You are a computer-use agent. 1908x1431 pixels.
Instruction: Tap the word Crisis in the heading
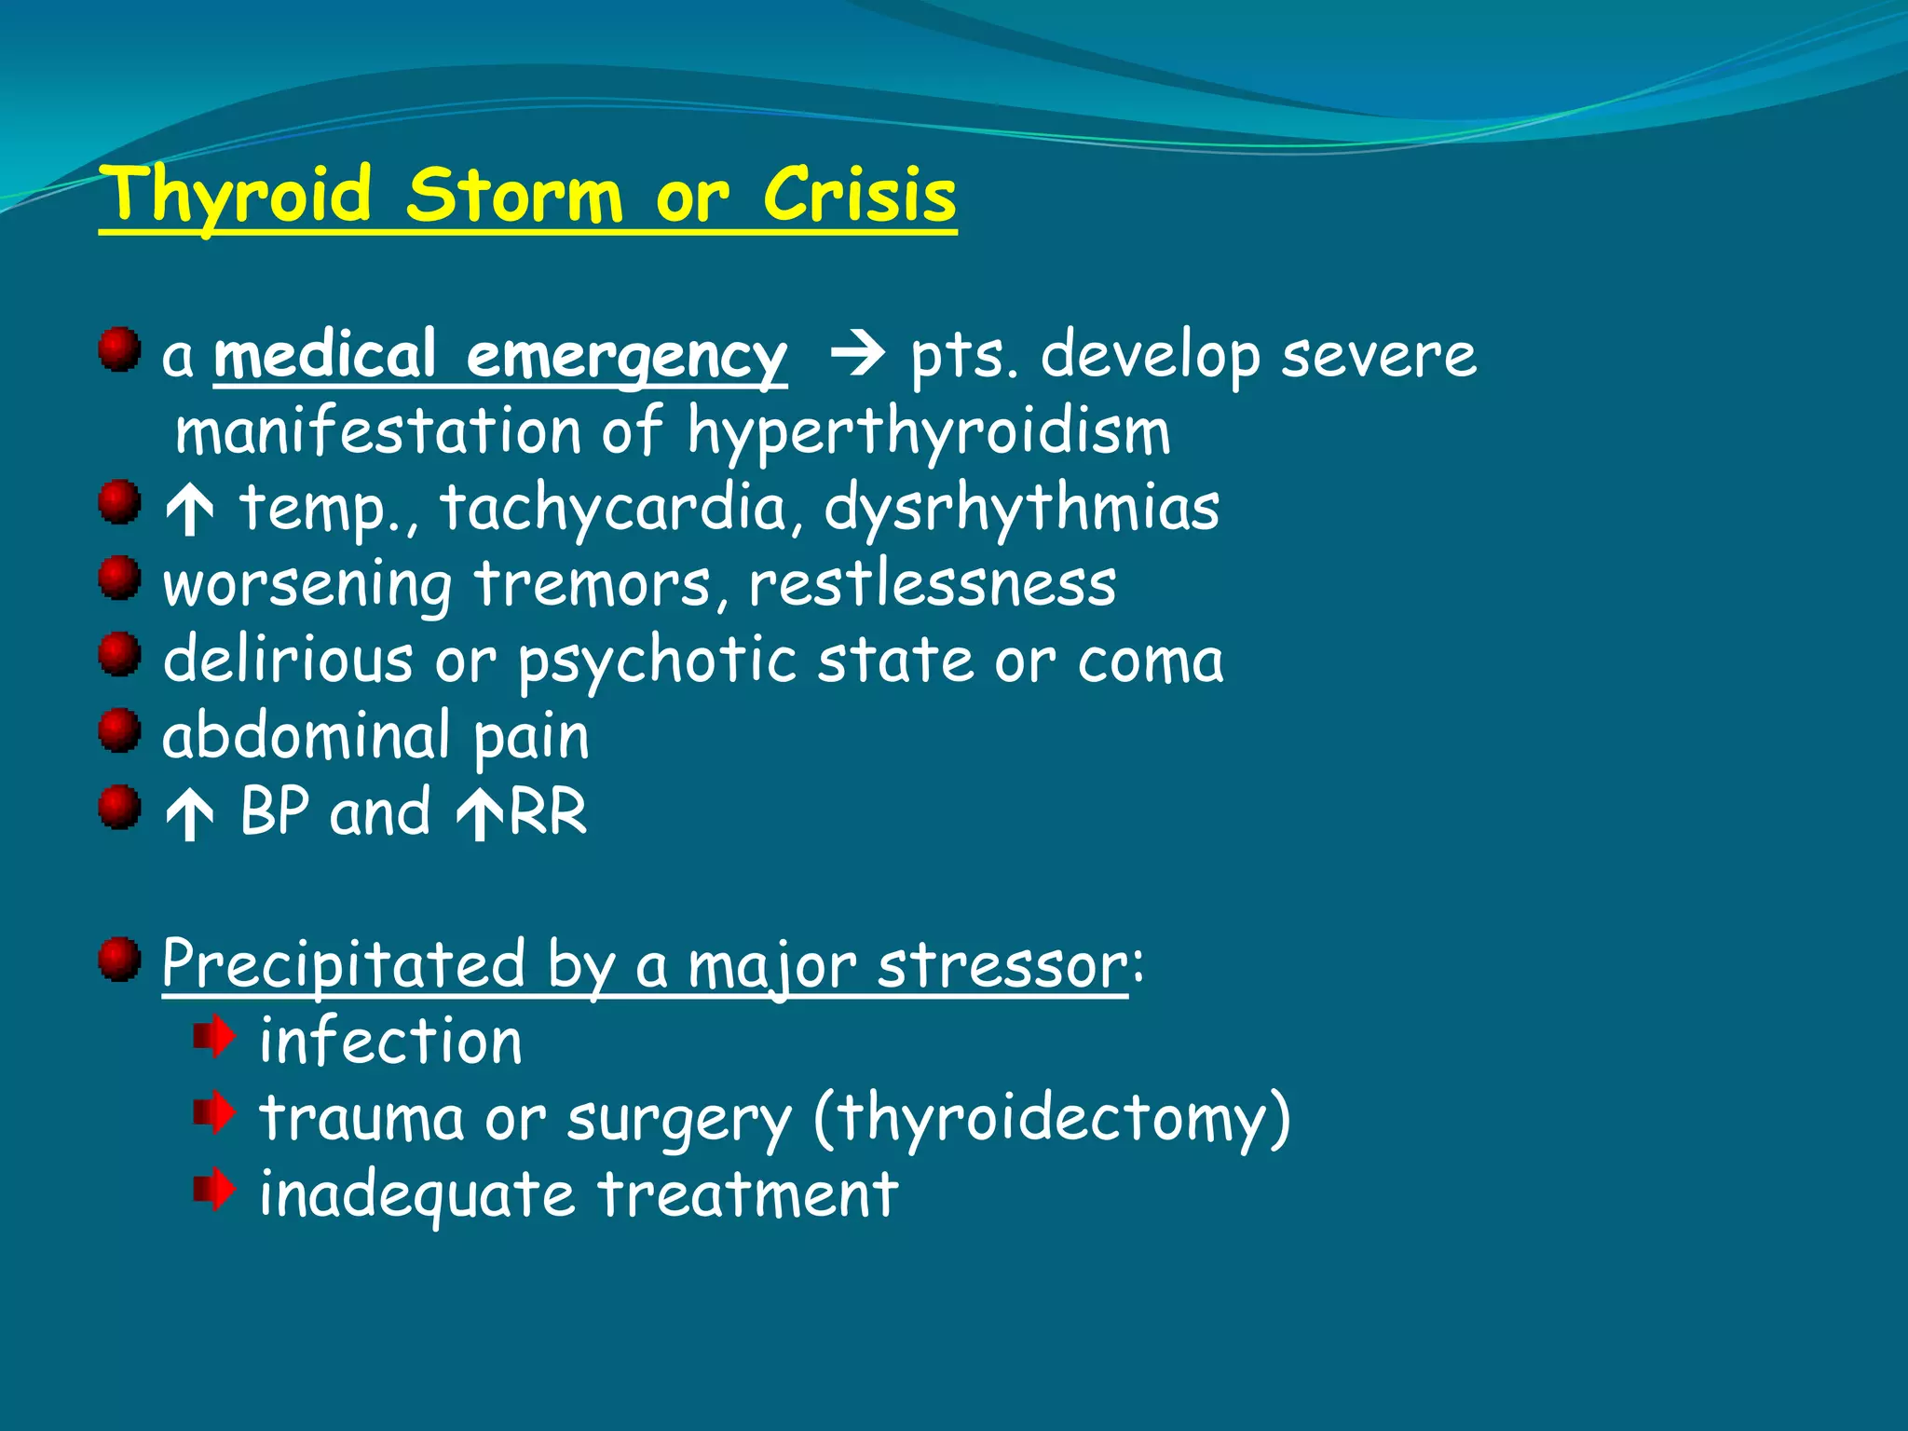click(859, 195)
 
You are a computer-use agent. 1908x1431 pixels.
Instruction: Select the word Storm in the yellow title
click(513, 195)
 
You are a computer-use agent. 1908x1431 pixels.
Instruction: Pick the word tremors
click(593, 585)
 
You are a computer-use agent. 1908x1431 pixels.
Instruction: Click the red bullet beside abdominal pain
click(119, 730)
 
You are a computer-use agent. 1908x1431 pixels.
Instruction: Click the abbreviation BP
click(275, 811)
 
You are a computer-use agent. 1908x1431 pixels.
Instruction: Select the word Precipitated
click(344, 964)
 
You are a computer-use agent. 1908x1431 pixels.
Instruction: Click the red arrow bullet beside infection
click(214, 1038)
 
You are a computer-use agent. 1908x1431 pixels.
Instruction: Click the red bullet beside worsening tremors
click(119, 579)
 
